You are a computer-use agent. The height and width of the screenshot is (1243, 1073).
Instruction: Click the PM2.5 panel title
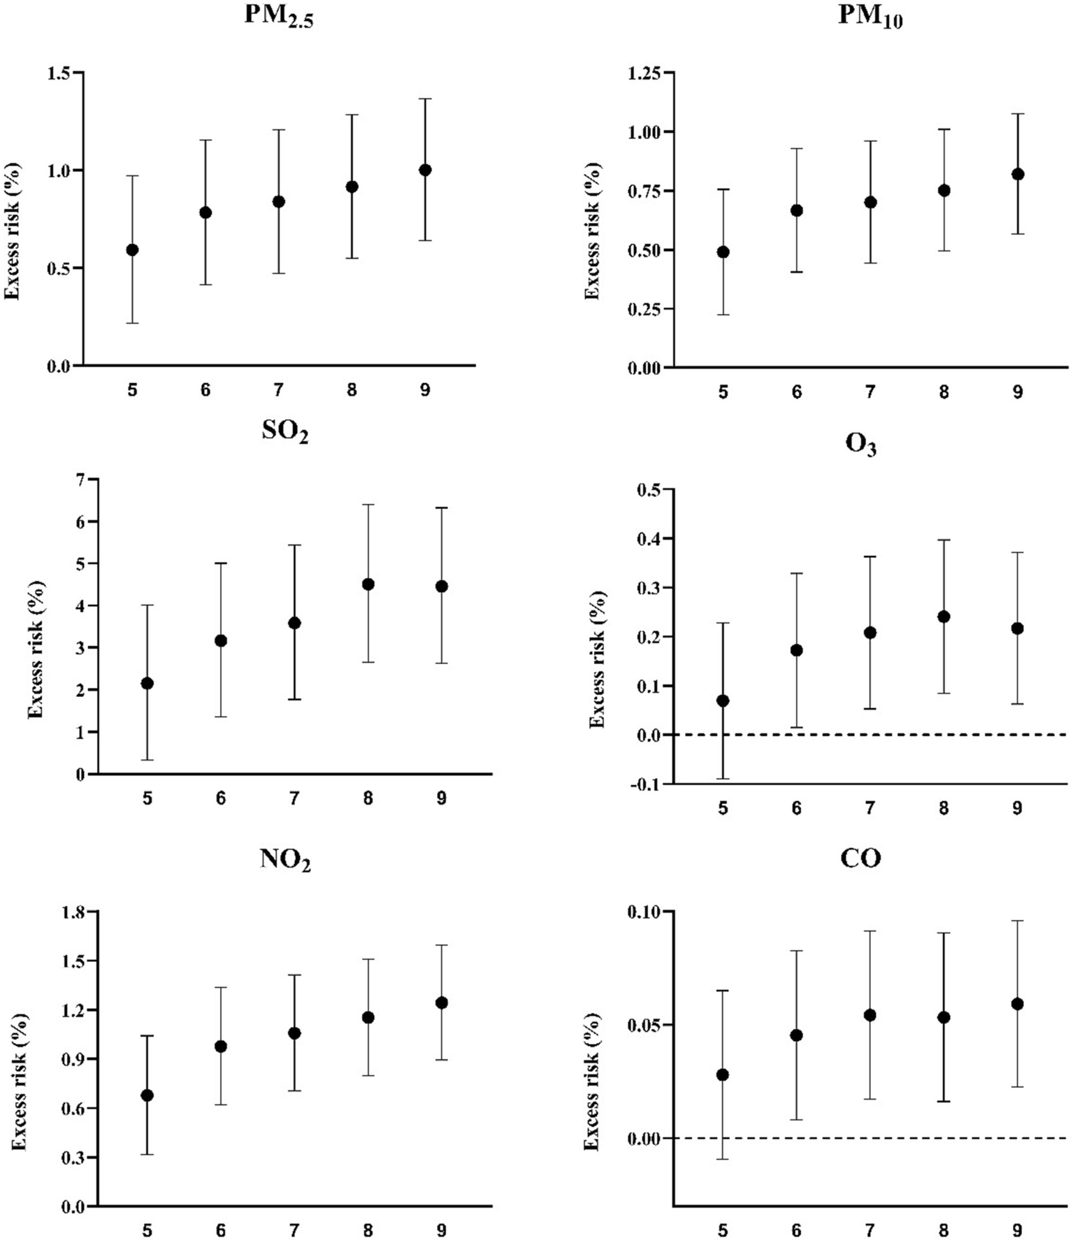(x=278, y=17)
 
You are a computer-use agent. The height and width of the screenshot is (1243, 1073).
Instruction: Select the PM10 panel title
(x=870, y=17)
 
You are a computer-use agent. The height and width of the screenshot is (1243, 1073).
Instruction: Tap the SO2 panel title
(x=285, y=432)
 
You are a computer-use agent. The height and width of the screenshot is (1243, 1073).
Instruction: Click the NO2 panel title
(x=285, y=859)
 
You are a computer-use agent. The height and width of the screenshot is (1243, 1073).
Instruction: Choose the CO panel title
(x=860, y=858)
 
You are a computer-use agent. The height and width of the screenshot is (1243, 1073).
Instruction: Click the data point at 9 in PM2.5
(x=425, y=170)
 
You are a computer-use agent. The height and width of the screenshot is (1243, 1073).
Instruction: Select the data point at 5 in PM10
(x=723, y=252)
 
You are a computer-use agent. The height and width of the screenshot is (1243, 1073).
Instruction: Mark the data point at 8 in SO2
(x=368, y=584)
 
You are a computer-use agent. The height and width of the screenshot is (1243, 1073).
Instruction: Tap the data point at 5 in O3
(x=723, y=700)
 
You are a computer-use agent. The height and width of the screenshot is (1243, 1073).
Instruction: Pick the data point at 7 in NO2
(x=294, y=1033)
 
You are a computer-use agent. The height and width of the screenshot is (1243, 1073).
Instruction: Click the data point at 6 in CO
(x=796, y=1035)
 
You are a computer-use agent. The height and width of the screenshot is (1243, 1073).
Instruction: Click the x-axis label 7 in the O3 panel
(x=870, y=808)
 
